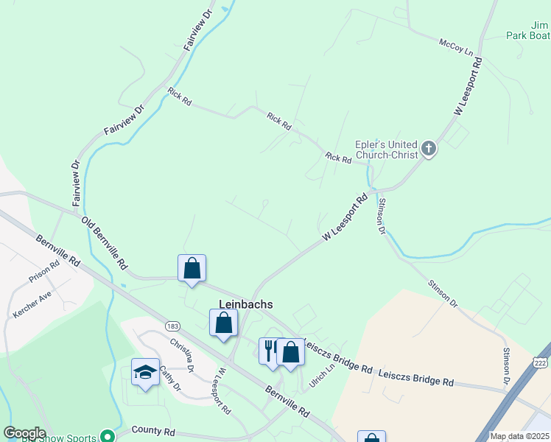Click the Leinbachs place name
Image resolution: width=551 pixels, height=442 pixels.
(246, 304)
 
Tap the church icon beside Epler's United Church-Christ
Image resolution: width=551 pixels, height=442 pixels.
(428, 150)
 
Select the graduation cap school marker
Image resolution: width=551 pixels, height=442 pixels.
(145, 372)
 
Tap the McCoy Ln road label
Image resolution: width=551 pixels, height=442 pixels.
(455, 48)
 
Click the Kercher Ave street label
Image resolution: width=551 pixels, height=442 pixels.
(32, 304)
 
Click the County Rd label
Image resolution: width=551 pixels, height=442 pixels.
(153, 429)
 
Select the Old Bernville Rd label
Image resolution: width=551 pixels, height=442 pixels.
(105, 242)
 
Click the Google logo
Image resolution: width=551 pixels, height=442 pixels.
(24, 433)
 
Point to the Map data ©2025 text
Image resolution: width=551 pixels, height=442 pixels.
(519, 436)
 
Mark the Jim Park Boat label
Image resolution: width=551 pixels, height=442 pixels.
(527, 29)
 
